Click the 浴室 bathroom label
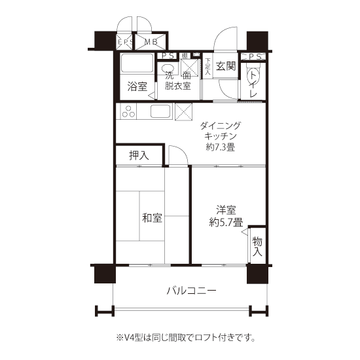tap(137, 87)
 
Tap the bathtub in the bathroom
tap(137, 63)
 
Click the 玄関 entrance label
tap(226, 66)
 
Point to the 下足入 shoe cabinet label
tap(207, 67)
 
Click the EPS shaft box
tap(124, 42)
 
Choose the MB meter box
tap(151, 42)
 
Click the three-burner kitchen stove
tap(127, 111)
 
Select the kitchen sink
tap(161, 111)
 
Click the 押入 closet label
tap(139, 156)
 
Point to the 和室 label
tap(152, 218)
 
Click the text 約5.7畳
tap(226, 223)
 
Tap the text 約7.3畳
tap(221, 147)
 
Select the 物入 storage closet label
tap(257, 246)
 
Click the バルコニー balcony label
tap(191, 291)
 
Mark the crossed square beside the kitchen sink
tap(183, 111)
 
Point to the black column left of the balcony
tap(105, 274)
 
